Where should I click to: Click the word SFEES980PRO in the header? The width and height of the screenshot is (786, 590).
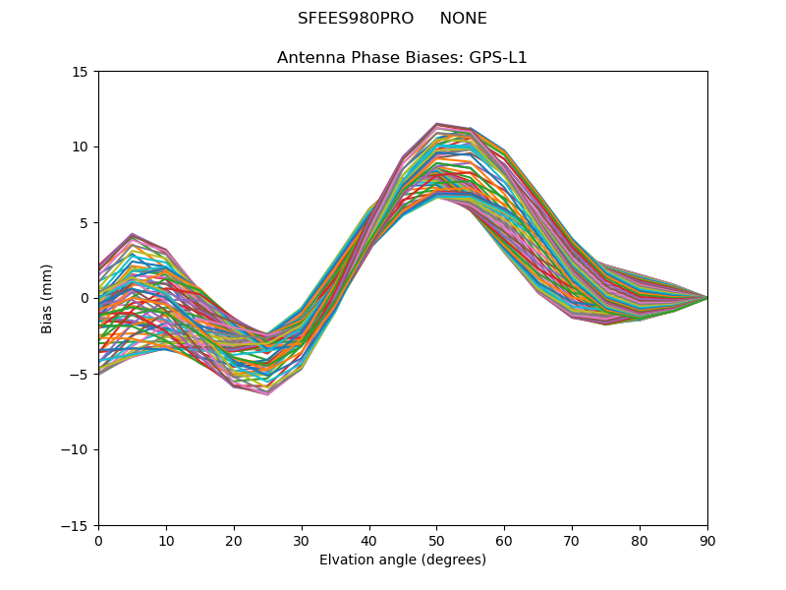click(355, 19)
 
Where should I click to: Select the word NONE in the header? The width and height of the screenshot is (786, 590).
click(463, 19)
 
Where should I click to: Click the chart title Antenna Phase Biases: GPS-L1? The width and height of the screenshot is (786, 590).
click(402, 58)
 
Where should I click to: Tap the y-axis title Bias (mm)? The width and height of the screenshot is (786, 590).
click(47, 298)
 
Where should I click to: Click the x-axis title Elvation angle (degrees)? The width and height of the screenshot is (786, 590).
click(402, 560)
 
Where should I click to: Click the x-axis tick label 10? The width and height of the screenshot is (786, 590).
click(166, 541)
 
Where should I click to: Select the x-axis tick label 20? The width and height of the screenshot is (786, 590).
click(234, 541)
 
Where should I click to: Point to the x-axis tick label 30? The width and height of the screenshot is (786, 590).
click(302, 541)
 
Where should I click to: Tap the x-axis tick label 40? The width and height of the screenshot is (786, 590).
click(369, 541)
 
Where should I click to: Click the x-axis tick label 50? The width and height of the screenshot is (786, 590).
click(436, 541)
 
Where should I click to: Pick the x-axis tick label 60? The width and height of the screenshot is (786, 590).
click(504, 541)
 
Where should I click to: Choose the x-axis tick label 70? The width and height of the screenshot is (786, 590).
click(572, 541)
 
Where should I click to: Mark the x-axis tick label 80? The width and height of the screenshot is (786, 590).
click(640, 541)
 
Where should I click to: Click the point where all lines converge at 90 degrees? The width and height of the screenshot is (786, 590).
click(706, 298)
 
